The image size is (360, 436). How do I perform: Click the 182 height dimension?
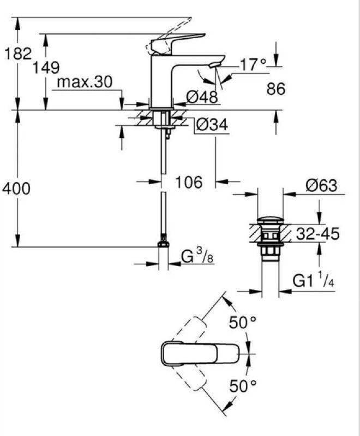[x=19, y=53]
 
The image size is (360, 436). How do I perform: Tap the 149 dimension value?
[x=46, y=68]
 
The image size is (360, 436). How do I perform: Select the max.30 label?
[x=85, y=82]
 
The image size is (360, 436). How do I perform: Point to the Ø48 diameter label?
[x=202, y=97]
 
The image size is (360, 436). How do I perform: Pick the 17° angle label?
[x=253, y=64]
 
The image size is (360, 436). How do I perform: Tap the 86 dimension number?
[x=276, y=89]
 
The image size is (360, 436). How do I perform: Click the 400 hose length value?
[x=16, y=189]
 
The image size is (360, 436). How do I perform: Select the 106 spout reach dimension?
[x=189, y=183]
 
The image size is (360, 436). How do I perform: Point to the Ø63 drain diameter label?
[x=321, y=185]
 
